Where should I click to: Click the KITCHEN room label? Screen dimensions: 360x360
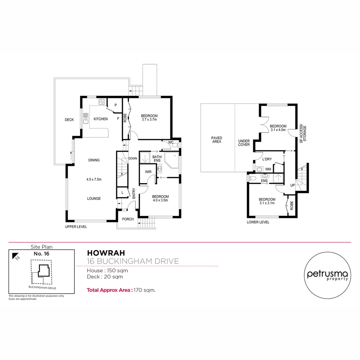100,119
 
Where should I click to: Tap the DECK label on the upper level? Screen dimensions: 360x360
69,120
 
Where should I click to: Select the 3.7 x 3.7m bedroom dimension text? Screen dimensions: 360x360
149,120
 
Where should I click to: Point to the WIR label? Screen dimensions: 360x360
149,172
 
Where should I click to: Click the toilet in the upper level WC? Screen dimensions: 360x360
177,145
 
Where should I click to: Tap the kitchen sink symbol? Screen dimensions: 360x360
86,118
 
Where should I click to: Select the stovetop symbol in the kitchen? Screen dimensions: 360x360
102,102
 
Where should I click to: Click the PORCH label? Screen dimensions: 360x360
128,219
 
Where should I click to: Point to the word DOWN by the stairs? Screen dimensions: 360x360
133,159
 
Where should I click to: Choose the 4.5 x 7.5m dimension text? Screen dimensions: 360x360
94,179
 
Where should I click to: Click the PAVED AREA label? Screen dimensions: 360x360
217,140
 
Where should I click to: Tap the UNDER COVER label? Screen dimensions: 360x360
244,143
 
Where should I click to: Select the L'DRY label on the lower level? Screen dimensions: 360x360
267,159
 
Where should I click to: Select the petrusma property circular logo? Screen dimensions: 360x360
327,274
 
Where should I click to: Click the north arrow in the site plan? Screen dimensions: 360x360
15,256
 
